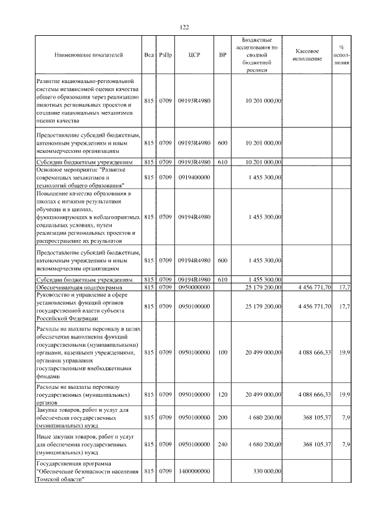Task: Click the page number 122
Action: (184, 27)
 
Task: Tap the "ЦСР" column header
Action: (194, 55)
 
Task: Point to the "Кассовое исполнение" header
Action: (307, 55)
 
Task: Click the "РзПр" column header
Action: (165, 55)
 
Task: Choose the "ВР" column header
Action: (223, 55)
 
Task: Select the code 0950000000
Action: (194, 287)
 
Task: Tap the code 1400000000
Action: (194, 471)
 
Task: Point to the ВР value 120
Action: (223, 395)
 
